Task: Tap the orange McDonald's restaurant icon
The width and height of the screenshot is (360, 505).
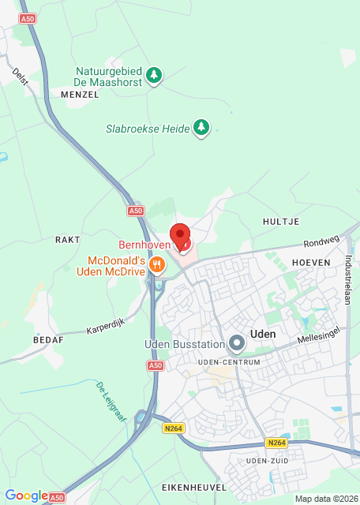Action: tap(158, 265)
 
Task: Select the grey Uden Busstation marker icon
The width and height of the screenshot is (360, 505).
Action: tap(236, 343)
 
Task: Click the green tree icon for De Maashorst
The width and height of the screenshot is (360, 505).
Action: tap(155, 75)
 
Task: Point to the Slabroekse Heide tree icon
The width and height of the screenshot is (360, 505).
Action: tap(202, 127)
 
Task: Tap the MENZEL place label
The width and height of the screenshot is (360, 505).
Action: tap(80, 94)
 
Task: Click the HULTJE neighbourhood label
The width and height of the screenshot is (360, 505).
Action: tap(280, 223)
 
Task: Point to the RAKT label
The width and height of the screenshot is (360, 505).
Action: tap(68, 238)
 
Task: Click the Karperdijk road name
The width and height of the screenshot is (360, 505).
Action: tap(106, 327)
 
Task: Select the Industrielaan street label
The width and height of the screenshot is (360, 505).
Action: tap(347, 279)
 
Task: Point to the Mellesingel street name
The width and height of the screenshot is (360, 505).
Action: tap(318, 335)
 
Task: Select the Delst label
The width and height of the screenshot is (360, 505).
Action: tap(21, 77)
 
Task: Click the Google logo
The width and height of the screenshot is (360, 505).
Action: tap(26, 496)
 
